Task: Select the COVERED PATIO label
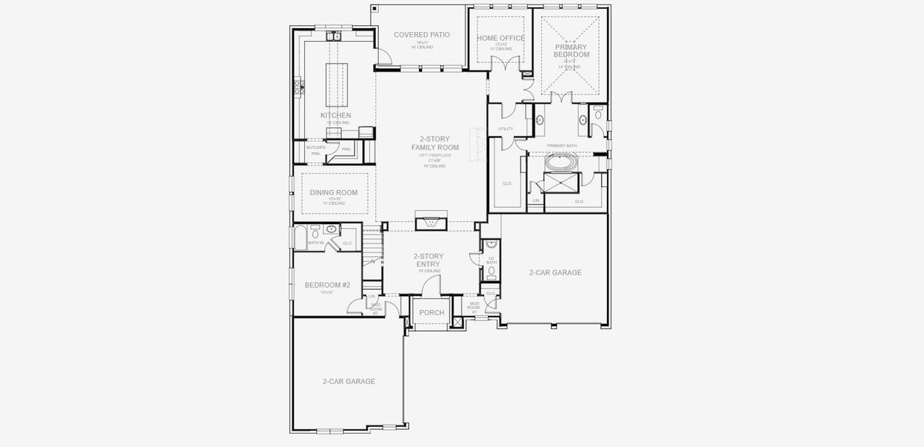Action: [x=422, y=35]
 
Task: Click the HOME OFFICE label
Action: [x=500, y=38]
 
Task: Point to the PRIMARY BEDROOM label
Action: [x=571, y=51]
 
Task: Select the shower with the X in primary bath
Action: [x=559, y=182]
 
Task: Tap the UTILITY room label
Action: [x=506, y=129]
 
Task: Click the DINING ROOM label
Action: [x=333, y=192]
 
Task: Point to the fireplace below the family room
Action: [x=430, y=221]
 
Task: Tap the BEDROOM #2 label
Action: [x=327, y=285]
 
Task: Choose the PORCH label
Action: [x=431, y=313]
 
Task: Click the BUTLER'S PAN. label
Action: [x=315, y=150]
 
